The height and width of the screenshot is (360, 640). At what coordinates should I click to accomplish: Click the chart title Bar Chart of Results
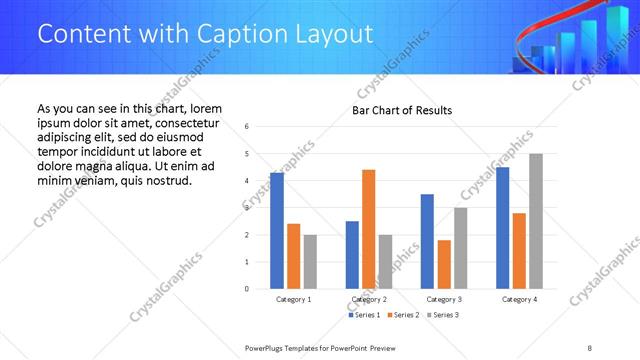click(402, 110)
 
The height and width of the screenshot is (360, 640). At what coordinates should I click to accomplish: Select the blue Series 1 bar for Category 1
click(277, 230)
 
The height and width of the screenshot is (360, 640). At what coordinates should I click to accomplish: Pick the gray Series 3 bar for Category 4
click(535, 221)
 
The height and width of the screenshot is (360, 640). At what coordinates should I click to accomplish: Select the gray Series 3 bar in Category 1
click(310, 261)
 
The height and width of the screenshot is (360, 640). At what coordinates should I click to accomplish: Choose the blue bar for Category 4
click(502, 228)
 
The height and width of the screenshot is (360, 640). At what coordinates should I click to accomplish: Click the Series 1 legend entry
click(365, 315)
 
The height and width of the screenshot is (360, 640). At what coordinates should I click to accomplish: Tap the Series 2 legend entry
click(403, 315)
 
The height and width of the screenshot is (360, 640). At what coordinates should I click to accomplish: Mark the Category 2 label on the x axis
click(369, 299)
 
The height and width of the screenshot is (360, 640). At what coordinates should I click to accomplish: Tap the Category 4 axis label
click(518, 299)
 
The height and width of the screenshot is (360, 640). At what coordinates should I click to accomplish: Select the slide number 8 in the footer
click(590, 348)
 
